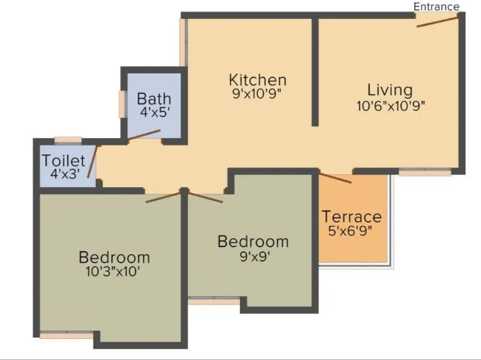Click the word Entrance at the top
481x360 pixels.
point(436,6)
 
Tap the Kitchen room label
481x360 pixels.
point(257,80)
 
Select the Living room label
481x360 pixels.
point(390,90)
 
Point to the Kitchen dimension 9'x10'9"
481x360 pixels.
point(257,95)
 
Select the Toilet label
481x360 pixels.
point(64,161)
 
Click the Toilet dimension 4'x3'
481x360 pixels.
point(64,174)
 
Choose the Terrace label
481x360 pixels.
point(352,217)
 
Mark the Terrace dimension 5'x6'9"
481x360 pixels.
point(352,231)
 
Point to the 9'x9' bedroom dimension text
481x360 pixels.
point(253,256)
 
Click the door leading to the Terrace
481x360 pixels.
point(335,178)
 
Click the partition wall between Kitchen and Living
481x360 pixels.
point(315,71)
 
